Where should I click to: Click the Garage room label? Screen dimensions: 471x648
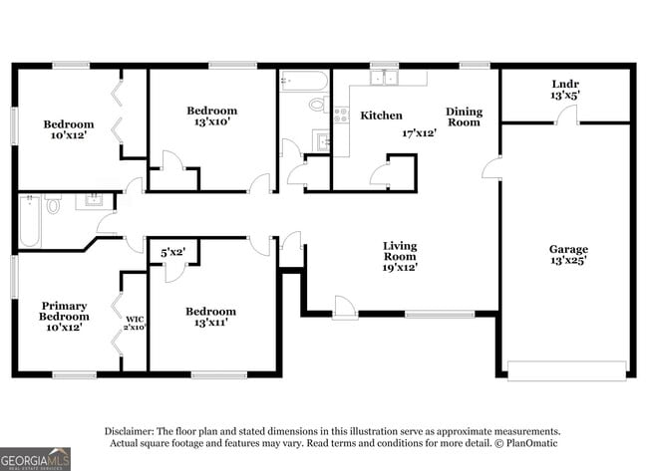[568, 249]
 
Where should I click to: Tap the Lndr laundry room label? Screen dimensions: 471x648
[565, 84]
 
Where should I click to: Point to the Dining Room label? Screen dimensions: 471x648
[463, 117]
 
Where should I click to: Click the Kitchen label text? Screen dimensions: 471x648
[381, 116]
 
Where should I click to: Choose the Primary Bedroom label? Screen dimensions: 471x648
[64, 311]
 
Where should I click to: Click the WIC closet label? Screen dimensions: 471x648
[135, 320]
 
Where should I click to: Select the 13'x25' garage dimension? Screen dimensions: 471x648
[568, 261]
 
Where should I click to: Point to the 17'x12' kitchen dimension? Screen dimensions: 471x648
[421, 132]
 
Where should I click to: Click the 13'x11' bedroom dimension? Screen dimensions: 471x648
[210, 324]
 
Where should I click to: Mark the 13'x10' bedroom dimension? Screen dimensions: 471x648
[211, 122]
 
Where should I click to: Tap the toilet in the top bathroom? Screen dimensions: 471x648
[317, 103]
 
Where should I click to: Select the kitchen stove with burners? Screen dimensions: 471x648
[340, 116]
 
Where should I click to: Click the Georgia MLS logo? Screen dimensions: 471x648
[36, 458]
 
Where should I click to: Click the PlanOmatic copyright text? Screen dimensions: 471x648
[529, 443]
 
